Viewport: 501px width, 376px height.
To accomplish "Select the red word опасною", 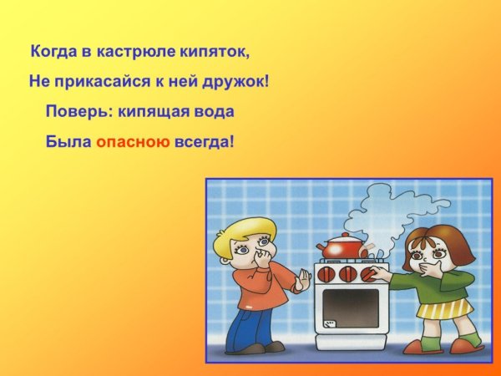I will [132, 143].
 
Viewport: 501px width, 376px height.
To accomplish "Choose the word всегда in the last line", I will [204, 143].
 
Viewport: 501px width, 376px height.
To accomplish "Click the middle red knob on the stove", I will [348, 273].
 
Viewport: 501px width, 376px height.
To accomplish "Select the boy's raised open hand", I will [302, 281].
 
